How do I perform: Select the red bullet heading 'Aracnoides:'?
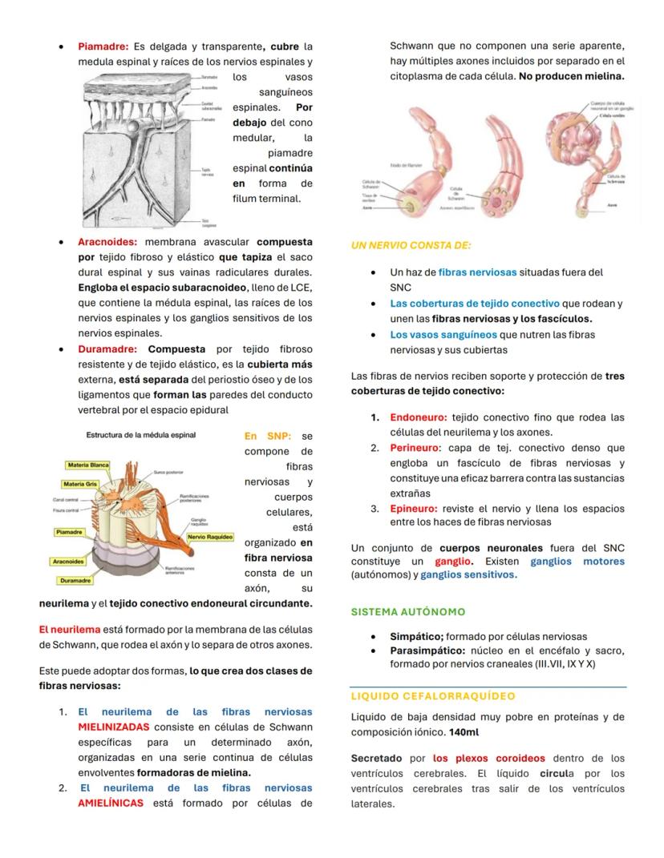[107, 242]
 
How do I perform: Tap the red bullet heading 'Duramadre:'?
[107, 349]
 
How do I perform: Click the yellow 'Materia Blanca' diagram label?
[88, 465]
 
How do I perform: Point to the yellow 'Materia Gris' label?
[83, 484]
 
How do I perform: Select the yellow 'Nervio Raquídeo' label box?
[210, 536]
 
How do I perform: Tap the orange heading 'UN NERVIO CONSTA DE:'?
[411, 245]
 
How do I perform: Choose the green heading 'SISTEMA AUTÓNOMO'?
[408, 612]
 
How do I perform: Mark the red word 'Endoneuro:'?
[418, 417]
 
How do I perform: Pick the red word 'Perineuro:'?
[415, 448]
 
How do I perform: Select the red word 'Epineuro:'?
[414, 509]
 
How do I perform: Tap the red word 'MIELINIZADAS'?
[113, 727]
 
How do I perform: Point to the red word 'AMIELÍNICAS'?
[111, 803]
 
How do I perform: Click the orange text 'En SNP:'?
[268, 436]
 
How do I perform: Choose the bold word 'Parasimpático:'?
[427, 651]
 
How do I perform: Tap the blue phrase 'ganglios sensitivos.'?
[468, 574]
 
